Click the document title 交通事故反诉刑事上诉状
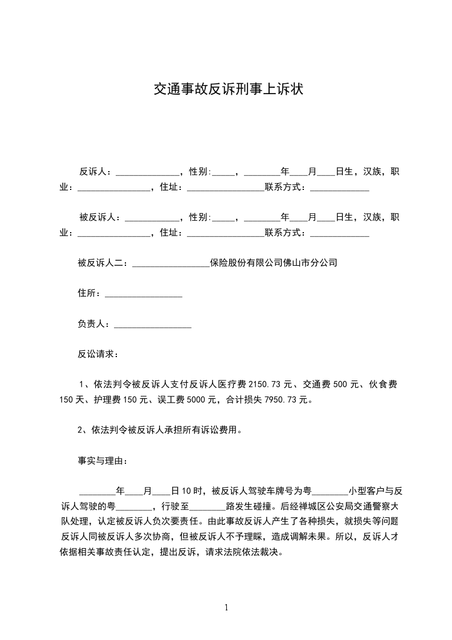point(228,89)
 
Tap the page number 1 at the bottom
point(226,607)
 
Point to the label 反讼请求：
point(98,354)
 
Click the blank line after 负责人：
point(153,325)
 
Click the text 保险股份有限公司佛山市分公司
point(274,263)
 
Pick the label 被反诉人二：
point(104,263)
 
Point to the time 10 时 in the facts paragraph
point(189,491)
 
